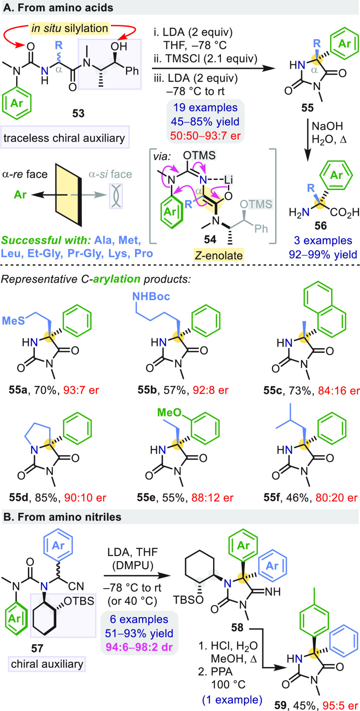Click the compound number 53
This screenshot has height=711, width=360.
(x=78, y=113)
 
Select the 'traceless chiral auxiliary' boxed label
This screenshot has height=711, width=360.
(x=64, y=138)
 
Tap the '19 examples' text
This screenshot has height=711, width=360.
(x=205, y=108)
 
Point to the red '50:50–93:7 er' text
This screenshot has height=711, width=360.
(x=205, y=135)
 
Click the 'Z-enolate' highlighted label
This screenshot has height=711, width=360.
(x=218, y=255)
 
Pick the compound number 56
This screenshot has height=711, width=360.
(x=320, y=226)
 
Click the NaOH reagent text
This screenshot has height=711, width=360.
(x=327, y=126)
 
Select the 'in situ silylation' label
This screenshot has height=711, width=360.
(x=69, y=29)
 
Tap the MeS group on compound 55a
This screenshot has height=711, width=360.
(x=13, y=321)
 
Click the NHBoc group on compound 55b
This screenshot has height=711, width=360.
(x=151, y=297)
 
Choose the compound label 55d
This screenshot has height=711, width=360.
(x=18, y=497)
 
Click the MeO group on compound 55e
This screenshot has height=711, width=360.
(x=169, y=412)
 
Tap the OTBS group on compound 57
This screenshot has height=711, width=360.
(x=79, y=601)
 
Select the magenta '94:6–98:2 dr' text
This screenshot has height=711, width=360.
(x=139, y=647)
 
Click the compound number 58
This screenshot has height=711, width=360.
(x=237, y=627)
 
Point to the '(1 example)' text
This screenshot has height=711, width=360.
(x=232, y=700)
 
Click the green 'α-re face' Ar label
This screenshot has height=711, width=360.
(x=20, y=194)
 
